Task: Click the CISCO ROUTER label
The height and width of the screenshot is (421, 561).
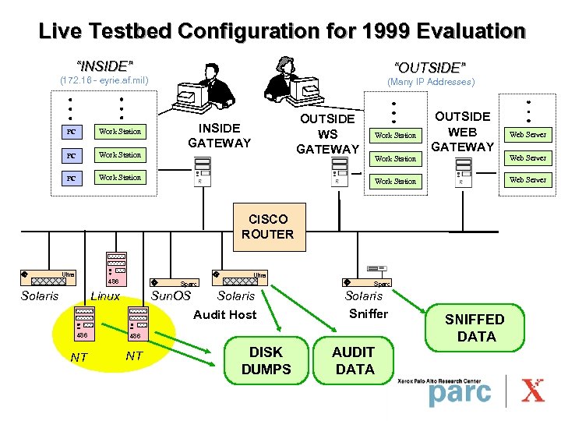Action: click(x=267, y=226)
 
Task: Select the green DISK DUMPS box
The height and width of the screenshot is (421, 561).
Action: click(x=266, y=361)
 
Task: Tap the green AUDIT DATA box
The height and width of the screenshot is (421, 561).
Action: click(x=355, y=361)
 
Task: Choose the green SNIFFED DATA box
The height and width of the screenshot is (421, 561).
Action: click(x=475, y=327)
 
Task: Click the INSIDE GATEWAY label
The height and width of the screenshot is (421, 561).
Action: click(x=219, y=135)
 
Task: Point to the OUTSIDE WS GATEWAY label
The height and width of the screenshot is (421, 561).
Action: click(x=327, y=133)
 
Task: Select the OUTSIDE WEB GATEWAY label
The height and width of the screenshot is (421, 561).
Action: click(x=462, y=132)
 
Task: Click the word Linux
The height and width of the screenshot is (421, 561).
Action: click(x=106, y=295)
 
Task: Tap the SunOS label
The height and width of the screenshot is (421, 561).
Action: click(x=171, y=295)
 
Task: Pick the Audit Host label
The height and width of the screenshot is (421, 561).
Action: click(x=224, y=314)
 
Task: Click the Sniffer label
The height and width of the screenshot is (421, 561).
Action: click(x=368, y=313)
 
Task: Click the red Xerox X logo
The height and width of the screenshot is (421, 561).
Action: click(x=533, y=389)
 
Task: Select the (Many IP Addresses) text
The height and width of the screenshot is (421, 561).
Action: click(x=431, y=82)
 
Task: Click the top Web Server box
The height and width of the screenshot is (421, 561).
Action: click(x=527, y=135)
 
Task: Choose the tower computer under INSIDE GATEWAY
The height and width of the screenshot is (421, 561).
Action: click(x=202, y=172)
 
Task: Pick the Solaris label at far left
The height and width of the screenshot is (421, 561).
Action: click(x=40, y=295)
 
